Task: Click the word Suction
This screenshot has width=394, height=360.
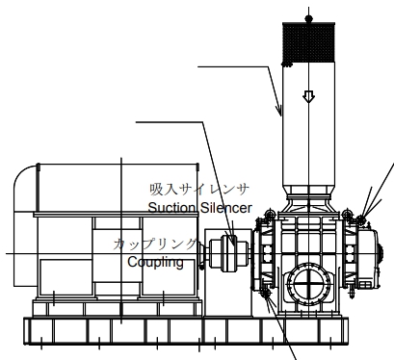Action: (x=172, y=208)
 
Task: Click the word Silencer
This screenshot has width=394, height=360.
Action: (x=225, y=208)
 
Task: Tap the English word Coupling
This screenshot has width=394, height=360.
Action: (x=155, y=262)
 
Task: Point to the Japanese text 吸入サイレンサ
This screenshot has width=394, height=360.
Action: (x=199, y=190)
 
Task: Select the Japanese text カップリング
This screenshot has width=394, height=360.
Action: (x=155, y=244)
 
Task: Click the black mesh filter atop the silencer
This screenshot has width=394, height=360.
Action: (x=308, y=42)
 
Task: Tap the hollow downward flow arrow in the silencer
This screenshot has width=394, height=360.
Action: (x=308, y=96)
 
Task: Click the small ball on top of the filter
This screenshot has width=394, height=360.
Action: (x=308, y=18)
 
